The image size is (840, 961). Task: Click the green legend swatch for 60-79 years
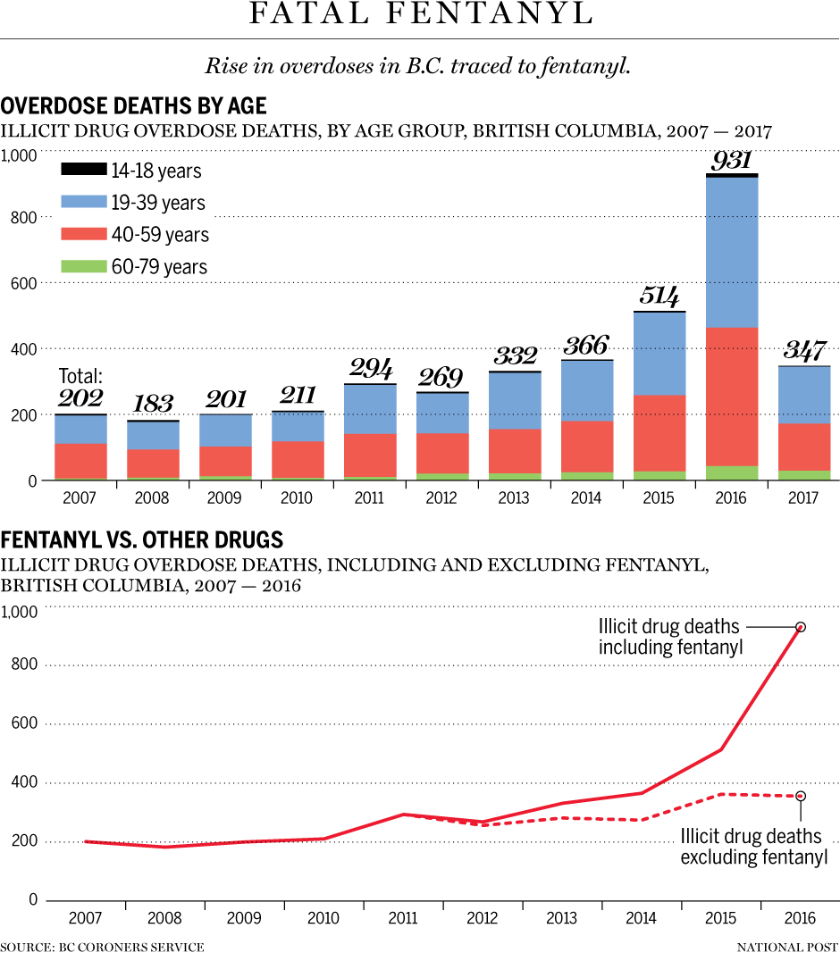(x=83, y=266)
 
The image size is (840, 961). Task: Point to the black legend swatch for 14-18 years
(x=83, y=170)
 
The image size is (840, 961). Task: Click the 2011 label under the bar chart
(x=370, y=497)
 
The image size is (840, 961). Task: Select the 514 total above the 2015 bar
(x=659, y=297)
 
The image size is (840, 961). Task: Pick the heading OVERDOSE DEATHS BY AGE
(x=134, y=106)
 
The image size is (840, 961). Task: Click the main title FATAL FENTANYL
(x=420, y=15)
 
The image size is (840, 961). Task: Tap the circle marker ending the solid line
(x=801, y=627)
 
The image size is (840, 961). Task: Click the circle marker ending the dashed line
(x=801, y=796)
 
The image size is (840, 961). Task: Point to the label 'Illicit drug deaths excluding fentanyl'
(x=753, y=847)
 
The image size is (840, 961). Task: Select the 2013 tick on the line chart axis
(x=562, y=918)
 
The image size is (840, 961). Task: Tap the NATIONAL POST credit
(x=788, y=947)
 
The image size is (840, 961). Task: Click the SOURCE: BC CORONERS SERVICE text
(x=102, y=947)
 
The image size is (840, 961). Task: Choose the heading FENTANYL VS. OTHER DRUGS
(x=142, y=539)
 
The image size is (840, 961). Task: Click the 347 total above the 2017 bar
(x=805, y=350)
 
